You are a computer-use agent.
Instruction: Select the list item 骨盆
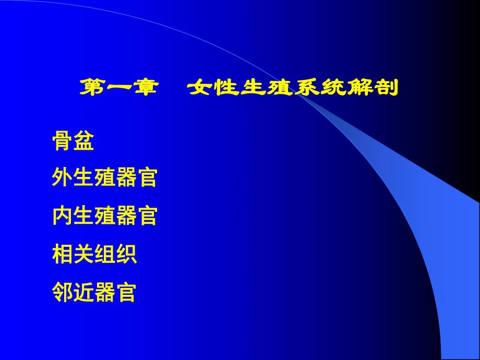pyautogui.click(x=73, y=141)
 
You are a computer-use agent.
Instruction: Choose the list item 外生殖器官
pyautogui.click(x=104, y=178)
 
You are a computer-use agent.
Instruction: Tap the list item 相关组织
pyautogui.click(x=94, y=254)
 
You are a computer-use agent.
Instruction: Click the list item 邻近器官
pyautogui.click(x=94, y=292)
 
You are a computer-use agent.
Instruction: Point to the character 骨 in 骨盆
pyautogui.click(x=63, y=141)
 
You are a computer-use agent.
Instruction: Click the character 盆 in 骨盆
pyautogui.click(x=83, y=141)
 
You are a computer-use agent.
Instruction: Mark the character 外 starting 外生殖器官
pyautogui.click(x=63, y=178)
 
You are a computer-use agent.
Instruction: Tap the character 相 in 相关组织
pyautogui.click(x=63, y=254)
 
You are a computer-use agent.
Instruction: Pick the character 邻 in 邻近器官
pyautogui.click(x=63, y=292)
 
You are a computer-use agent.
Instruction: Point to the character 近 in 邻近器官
pyautogui.click(x=83, y=292)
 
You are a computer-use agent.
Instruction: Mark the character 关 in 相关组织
pyautogui.click(x=83, y=254)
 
